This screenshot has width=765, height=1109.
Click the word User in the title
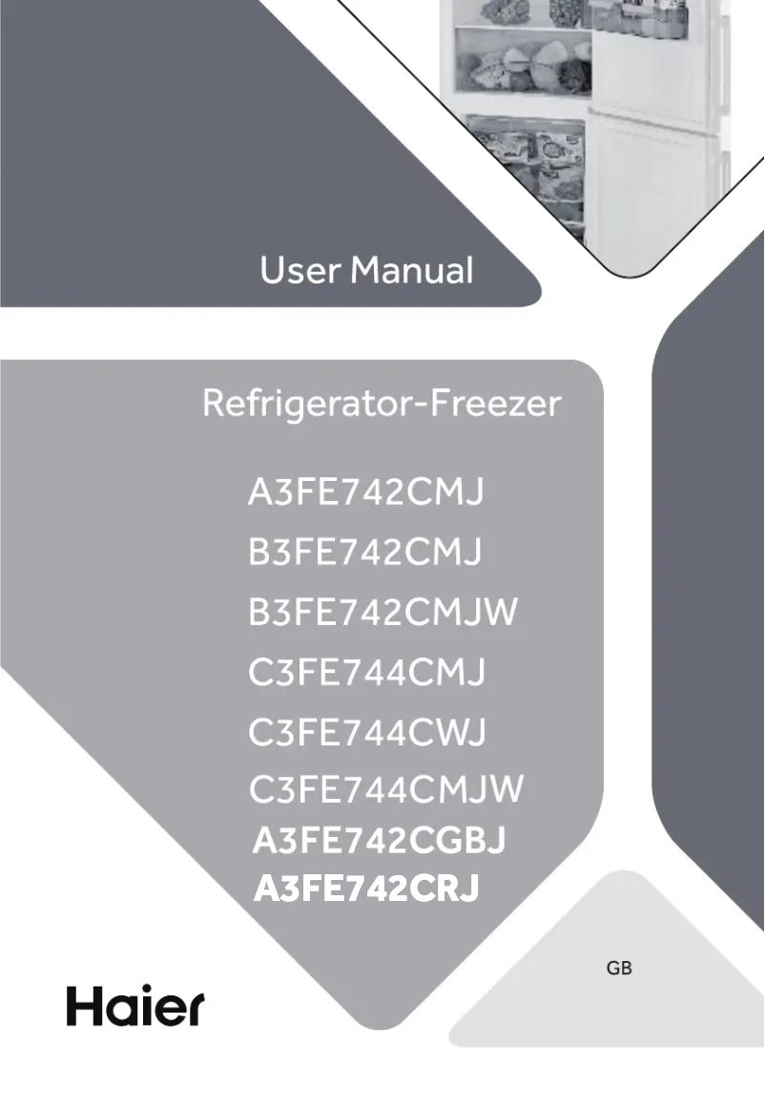(x=299, y=271)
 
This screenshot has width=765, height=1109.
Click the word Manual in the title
(x=411, y=271)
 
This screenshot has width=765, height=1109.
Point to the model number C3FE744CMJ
(x=367, y=674)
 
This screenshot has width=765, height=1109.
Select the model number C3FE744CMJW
(x=386, y=791)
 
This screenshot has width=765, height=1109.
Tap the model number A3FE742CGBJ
(x=379, y=841)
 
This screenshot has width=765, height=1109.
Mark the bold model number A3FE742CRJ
(x=366, y=889)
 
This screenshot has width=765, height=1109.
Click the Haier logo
(x=134, y=1006)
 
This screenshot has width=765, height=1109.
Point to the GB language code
(x=619, y=969)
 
